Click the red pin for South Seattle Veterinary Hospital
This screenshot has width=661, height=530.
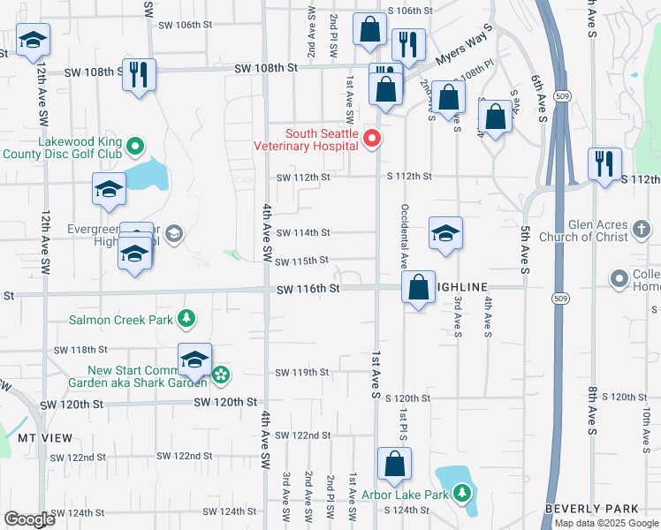pyautogui.click(x=372, y=138)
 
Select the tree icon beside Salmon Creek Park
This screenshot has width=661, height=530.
pyautogui.click(x=186, y=318)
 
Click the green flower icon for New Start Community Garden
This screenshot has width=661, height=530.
pyautogui.click(x=220, y=376)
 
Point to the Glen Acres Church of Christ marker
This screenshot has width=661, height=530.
pyautogui.click(x=643, y=231)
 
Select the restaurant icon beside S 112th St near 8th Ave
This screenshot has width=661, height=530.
pyautogui.click(x=604, y=163)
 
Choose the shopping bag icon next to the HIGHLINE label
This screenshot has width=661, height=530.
pyautogui.click(x=417, y=287)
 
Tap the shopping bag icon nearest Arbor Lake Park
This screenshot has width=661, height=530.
pyautogui.click(x=394, y=464)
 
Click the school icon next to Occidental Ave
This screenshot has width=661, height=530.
pyautogui.click(x=445, y=233)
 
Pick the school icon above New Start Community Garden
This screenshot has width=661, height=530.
pyautogui.click(x=194, y=360)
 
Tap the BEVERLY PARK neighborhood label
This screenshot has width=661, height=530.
pyautogui.click(x=591, y=510)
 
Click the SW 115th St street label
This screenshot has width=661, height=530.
pyautogui.click(x=302, y=261)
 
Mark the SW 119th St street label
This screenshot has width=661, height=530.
pyautogui.click(x=302, y=372)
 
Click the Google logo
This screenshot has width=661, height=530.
pyautogui.click(x=29, y=519)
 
